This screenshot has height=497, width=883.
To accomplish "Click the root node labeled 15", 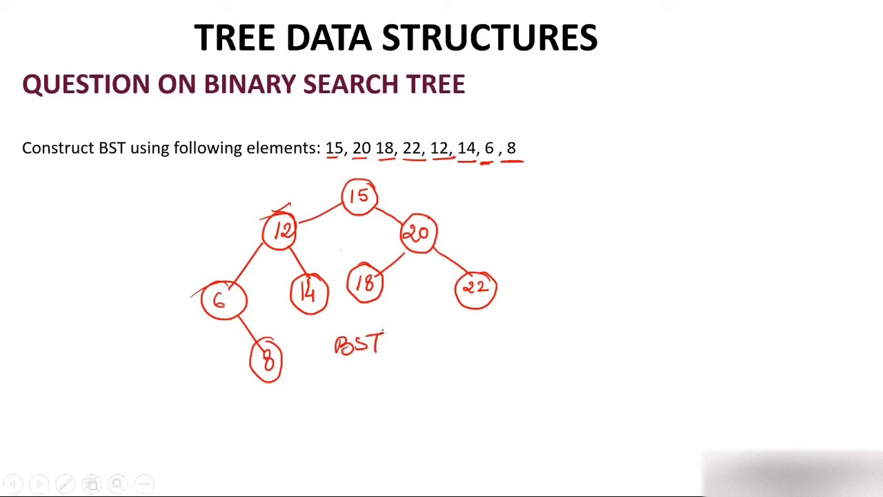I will pyautogui.click(x=359, y=197).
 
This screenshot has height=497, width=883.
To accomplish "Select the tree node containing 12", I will pyautogui.click(x=280, y=231).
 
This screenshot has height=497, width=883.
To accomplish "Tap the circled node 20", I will pyautogui.click(x=419, y=233).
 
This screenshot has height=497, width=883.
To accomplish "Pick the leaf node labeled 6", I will pyautogui.click(x=223, y=300).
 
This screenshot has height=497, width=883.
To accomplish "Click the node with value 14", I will pyautogui.click(x=309, y=294).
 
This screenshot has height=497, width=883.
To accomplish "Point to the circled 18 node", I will pyautogui.click(x=365, y=284).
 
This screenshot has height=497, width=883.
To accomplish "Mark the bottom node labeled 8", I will pyautogui.click(x=266, y=360).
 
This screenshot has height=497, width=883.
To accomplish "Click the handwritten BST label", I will pyautogui.click(x=358, y=344).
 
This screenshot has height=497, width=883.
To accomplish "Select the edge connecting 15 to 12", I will pyautogui.click(x=319, y=213).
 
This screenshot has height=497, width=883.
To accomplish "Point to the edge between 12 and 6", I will pyautogui.click(x=249, y=264).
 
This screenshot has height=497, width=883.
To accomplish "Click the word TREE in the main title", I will pyautogui.click(x=235, y=37).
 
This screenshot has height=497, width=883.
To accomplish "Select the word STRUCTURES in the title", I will pyautogui.click(x=490, y=37).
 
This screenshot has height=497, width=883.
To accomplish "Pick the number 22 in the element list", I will pyautogui.click(x=411, y=148).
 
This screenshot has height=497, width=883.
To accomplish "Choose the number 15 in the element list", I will pyautogui.click(x=334, y=148).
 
